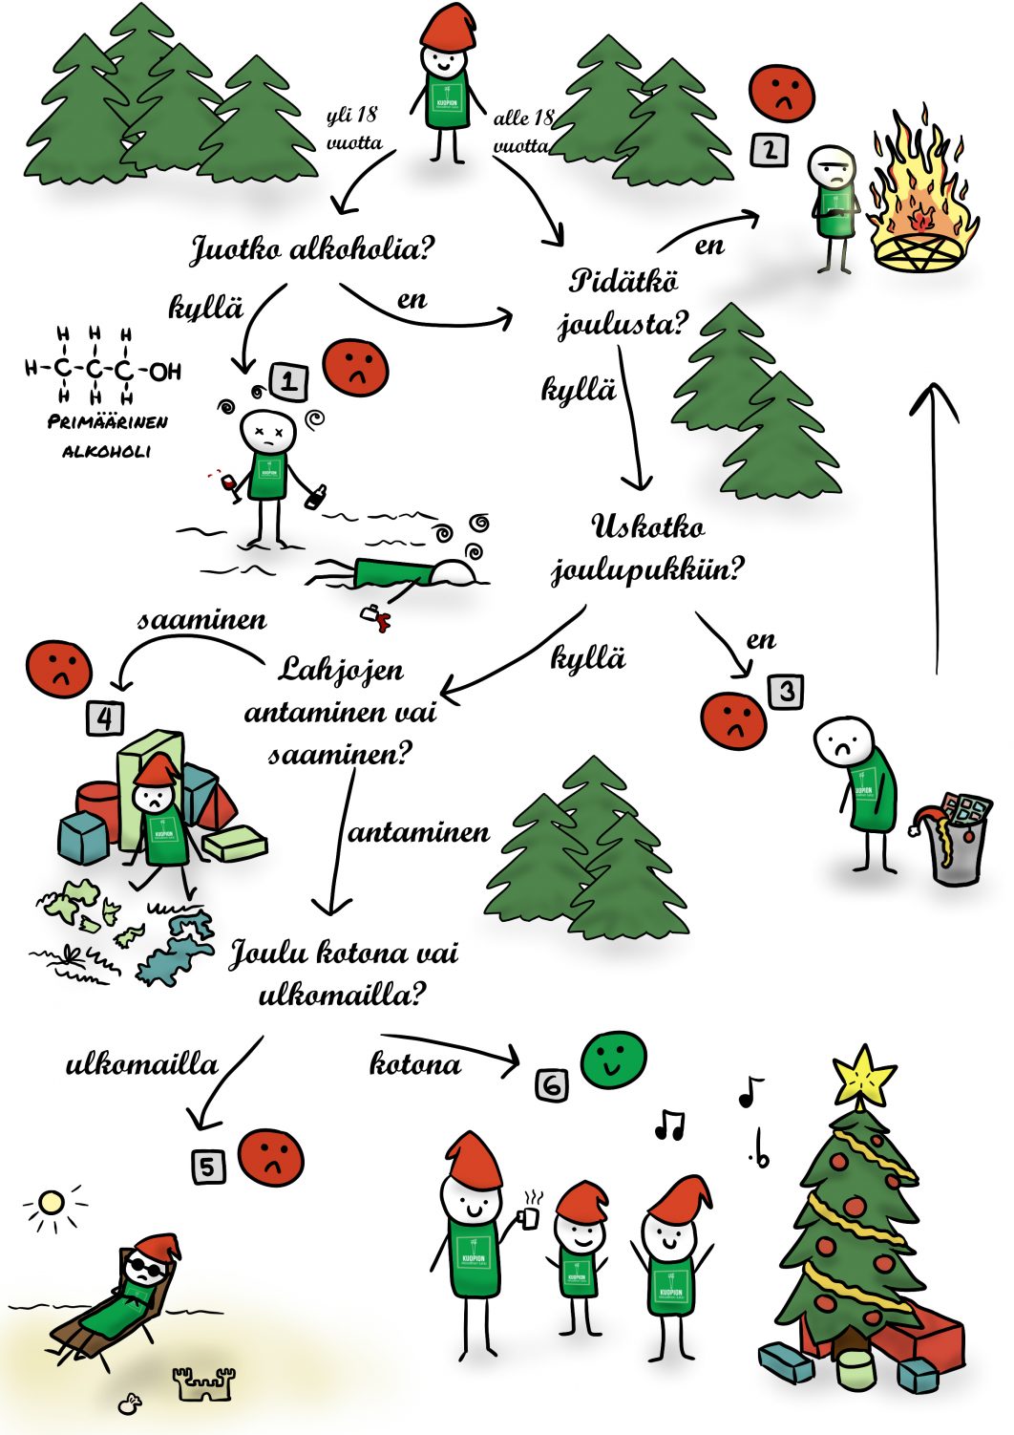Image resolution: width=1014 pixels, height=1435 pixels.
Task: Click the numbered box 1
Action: tap(289, 382)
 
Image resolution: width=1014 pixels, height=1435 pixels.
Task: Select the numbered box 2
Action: tap(770, 150)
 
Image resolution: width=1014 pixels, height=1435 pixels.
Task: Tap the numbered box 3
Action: tap(786, 691)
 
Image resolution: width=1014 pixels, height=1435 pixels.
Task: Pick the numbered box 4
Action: tap(105, 717)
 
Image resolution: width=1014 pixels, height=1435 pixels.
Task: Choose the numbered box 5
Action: tap(209, 1166)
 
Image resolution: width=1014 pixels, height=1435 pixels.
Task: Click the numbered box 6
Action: tap(552, 1085)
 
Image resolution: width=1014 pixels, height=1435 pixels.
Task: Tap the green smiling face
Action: tap(614, 1059)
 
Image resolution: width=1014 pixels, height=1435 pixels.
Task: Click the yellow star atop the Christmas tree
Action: tap(864, 1074)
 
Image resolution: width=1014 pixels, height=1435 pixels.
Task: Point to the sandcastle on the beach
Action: tap(203, 1382)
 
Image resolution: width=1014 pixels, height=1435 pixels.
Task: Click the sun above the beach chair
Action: tap(51, 1203)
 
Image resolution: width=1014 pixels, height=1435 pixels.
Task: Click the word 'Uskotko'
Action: tap(648, 526)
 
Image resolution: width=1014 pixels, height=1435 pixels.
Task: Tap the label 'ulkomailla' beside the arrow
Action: tap(141, 1064)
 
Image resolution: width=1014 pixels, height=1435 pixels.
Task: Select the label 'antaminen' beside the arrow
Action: tap(419, 833)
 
